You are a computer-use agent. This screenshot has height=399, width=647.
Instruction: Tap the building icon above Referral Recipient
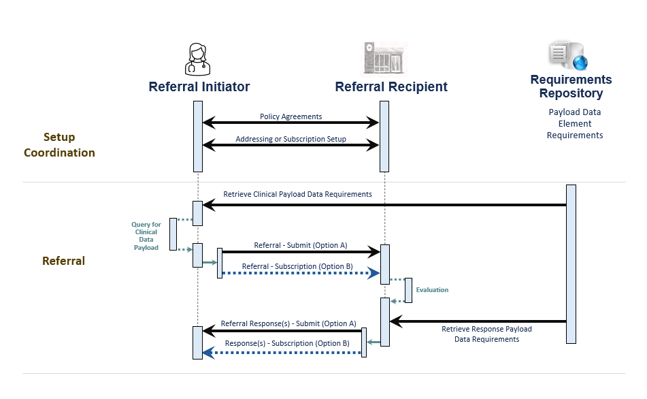point(384,57)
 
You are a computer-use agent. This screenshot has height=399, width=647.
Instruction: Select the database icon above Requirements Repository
point(567,56)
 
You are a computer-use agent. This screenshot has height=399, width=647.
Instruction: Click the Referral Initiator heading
point(199,86)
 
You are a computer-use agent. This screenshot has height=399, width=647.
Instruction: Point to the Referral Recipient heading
point(391,86)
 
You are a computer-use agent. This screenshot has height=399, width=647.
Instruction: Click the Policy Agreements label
point(291,116)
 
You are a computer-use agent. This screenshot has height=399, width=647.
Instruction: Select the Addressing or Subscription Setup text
point(291,139)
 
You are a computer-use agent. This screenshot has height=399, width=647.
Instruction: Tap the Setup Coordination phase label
point(59,145)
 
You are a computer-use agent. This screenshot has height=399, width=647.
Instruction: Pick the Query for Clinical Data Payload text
point(146,236)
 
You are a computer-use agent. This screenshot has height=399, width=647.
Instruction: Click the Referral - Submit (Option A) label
point(300,245)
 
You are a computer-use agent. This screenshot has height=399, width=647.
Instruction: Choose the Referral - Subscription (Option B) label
point(298,266)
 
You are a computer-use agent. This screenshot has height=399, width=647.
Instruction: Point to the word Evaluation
point(432,290)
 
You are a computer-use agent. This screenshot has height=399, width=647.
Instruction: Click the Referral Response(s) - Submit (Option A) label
point(288,323)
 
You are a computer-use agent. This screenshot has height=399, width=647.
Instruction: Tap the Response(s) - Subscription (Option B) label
point(287,344)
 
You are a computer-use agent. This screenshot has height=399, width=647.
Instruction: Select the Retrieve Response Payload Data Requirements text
point(486,334)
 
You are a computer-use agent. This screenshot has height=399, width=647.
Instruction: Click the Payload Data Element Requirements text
point(575,123)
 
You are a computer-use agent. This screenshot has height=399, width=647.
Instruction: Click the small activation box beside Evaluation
point(408,290)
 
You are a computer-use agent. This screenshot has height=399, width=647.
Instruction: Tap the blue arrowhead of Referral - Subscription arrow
point(374,274)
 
